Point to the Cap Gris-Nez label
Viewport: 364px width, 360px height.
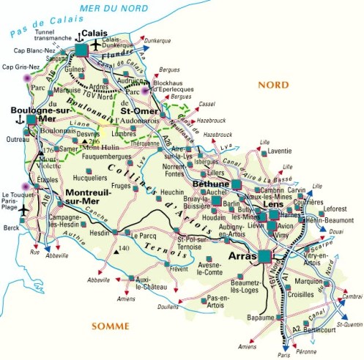point(21,66)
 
